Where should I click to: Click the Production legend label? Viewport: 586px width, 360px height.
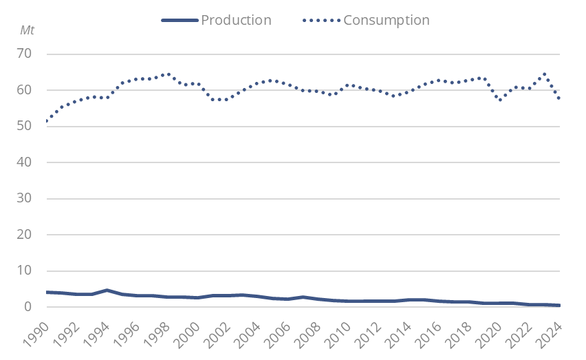[x=236, y=19]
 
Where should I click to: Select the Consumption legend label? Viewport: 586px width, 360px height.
[x=386, y=19]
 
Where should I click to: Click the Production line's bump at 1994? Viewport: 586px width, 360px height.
[x=107, y=290]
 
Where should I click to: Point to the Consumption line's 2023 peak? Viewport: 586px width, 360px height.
[x=545, y=74]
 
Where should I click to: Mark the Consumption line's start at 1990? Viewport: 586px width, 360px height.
[x=46, y=121]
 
